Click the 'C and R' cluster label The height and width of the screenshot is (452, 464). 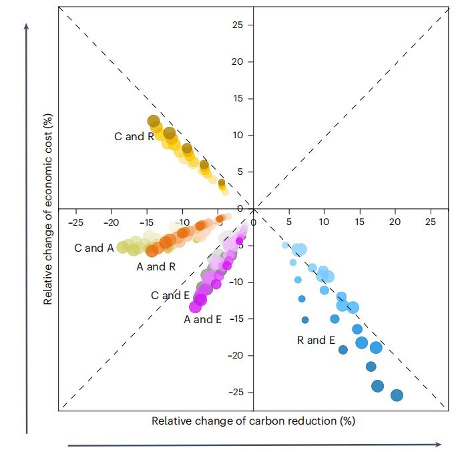point(134,137)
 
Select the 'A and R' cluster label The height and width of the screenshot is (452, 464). point(156,266)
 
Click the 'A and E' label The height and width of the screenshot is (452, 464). point(203,320)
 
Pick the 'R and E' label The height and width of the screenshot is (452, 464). point(316,340)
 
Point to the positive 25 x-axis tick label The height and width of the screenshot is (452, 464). point(431,221)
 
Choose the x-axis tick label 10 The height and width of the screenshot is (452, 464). point(324,221)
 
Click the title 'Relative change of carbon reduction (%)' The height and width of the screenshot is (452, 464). point(253,421)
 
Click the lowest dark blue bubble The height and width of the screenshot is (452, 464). point(397,395)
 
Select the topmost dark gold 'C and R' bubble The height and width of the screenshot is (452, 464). point(154,122)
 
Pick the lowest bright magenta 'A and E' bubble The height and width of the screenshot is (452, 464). point(196,306)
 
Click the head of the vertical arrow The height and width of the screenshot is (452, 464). point(27,27)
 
